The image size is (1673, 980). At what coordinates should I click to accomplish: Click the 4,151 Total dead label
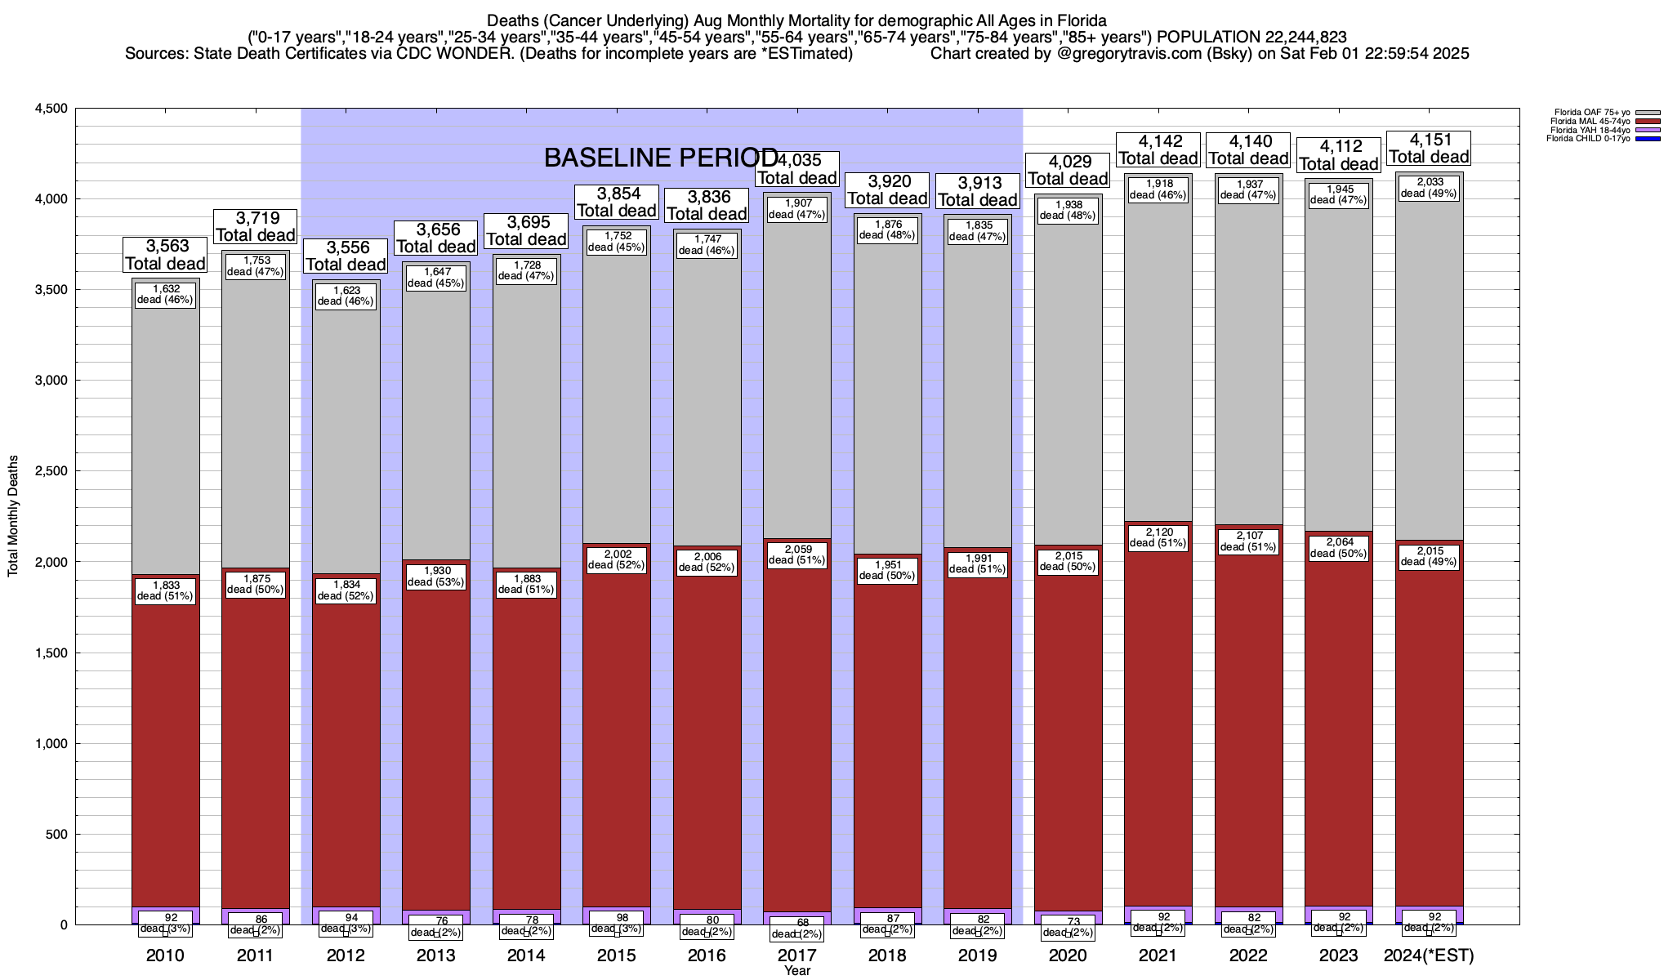tap(1429, 149)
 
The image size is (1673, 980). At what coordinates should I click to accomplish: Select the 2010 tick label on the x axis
tap(165, 955)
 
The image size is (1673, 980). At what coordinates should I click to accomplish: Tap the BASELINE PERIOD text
tap(661, 158)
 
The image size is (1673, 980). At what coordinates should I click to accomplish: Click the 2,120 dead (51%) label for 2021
tap(1158, 537)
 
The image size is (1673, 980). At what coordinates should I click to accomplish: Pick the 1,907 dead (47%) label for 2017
tap(797, 209)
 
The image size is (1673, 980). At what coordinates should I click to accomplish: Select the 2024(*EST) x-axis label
tap(1429, 955)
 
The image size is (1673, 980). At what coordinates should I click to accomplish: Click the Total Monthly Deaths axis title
tap(13, 516)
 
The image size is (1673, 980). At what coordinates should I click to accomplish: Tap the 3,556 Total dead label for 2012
tap(346, 256)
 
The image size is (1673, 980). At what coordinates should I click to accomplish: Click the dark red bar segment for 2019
tap(978, 735)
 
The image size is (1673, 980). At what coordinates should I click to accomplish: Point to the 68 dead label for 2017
tap(797, 928)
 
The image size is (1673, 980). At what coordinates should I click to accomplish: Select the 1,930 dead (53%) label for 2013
tap(435, 577)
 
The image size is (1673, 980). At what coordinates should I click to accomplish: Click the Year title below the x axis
tap(797, 970)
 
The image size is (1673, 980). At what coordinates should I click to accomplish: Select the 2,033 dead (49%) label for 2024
tap(1429, 189)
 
